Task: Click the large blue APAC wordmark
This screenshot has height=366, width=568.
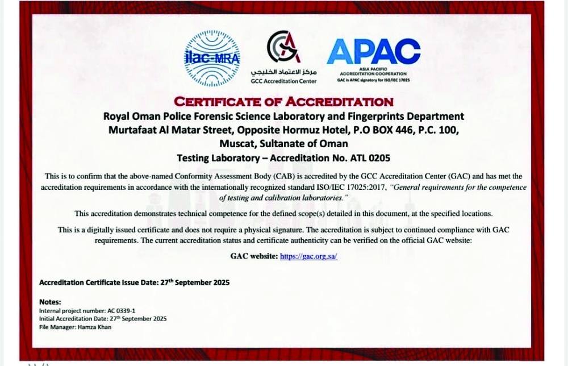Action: pyautogui.click(x=373, y=52)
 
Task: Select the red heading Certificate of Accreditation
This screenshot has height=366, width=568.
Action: pyautogui.click(x=283, y=102)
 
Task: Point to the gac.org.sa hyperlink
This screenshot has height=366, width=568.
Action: pyautogui.click(x=308, y=256)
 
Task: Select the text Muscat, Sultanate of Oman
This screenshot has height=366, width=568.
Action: pyautogui.click(x=283, y=143)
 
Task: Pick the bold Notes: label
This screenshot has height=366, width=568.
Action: pyautogui.click(x=50, y=302)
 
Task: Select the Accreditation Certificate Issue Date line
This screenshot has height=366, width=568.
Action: pyautogui.click(x=134, y=282)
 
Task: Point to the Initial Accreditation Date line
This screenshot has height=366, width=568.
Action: pyautogui.click(x=102, y=319)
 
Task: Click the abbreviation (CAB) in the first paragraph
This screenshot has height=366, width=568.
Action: pyautogui.click(x=249, y=177)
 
